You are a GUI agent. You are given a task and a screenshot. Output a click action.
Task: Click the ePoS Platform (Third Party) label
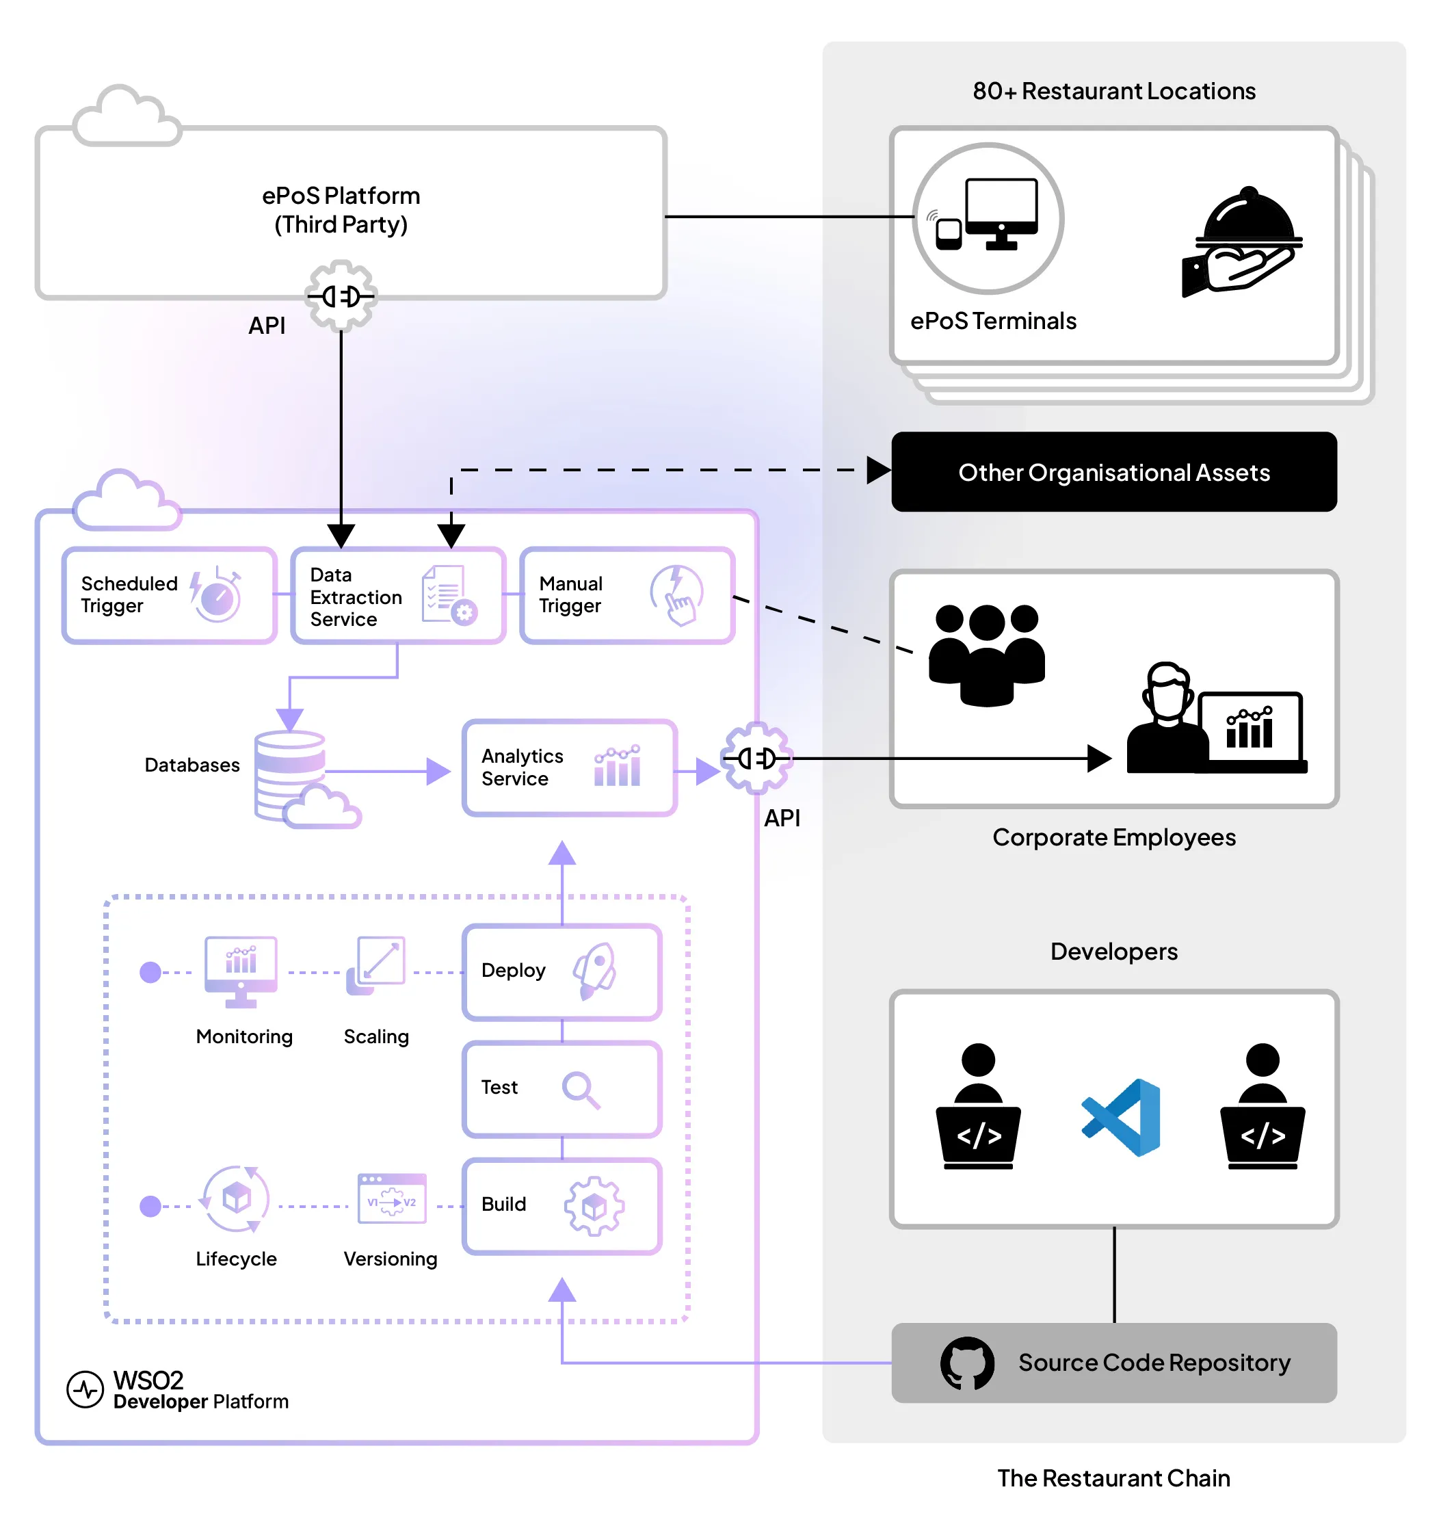pos(341,210)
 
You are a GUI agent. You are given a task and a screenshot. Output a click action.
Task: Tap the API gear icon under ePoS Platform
pos(341,296)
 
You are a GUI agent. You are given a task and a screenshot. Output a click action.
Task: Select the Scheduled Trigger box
pos(169,595)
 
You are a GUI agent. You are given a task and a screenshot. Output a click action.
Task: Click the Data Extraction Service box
pos(397,595)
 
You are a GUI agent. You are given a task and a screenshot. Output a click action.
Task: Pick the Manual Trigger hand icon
pos(676,595)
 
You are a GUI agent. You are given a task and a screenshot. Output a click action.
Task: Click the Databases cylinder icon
pos(291,775)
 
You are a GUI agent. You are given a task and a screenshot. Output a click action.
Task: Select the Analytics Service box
pos(569,767)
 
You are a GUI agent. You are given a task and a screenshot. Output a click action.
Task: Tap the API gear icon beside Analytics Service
pos(756,758)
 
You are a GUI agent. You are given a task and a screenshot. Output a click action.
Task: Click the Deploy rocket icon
pos(595,971)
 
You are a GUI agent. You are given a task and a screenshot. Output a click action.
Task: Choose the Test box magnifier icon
pos(581,1089)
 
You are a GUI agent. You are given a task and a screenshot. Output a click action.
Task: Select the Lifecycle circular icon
pos(236,1199)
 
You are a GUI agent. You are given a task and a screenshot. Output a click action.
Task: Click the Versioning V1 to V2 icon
pos(391,1199)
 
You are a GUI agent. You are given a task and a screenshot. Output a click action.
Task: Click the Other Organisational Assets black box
pos(1113,472)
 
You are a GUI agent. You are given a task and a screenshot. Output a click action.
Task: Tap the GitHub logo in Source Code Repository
pos(966,1363)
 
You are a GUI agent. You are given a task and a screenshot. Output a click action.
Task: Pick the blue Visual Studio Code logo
pos(1122,1117)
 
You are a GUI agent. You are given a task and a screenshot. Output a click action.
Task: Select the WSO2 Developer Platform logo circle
pos(85,1390)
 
